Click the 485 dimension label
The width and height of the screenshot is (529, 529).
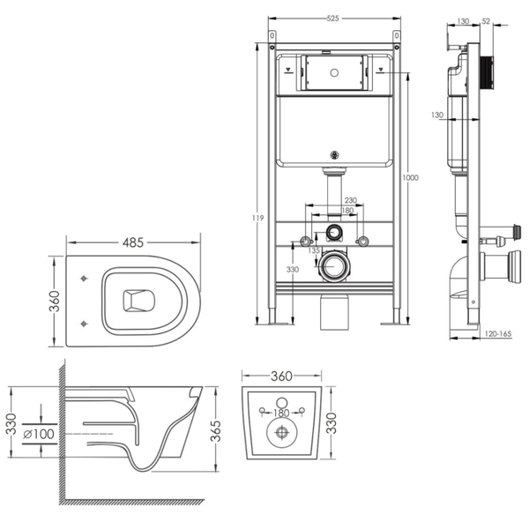click(x=133, y=242)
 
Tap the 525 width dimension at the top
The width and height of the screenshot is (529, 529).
click(x=332, y=19)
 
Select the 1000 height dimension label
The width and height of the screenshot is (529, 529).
click(x=410, y=178)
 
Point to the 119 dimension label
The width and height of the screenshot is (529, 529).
click(x=257, y=218)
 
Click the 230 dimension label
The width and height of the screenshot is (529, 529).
click(x=351, y=200)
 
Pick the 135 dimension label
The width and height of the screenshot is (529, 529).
click(x=314, y=250)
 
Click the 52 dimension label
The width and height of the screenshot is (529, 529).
click(x=486, y=21)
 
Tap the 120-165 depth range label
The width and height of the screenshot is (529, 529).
click(x=498, y=333)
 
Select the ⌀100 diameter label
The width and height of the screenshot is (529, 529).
click(x=39, y=434)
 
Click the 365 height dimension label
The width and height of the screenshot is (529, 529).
click(x=215, y=431)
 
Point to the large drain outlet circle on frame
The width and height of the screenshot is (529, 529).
click(x=334, y=266)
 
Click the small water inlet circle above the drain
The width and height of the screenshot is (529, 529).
click(x=334, y=231)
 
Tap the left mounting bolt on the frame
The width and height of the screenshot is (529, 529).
click(x=305, y=242)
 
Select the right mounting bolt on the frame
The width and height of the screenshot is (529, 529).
click(x=362, y=242)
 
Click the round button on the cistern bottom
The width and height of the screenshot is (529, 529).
click(x=334, y=155)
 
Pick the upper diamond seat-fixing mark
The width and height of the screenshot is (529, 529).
click(x=84, y=279)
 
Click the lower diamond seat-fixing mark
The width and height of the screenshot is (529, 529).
click(x=84, y=324)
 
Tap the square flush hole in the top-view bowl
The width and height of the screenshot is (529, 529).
click(x=138, y=301)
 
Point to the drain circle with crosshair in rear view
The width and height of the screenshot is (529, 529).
click(x=282, y=433)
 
